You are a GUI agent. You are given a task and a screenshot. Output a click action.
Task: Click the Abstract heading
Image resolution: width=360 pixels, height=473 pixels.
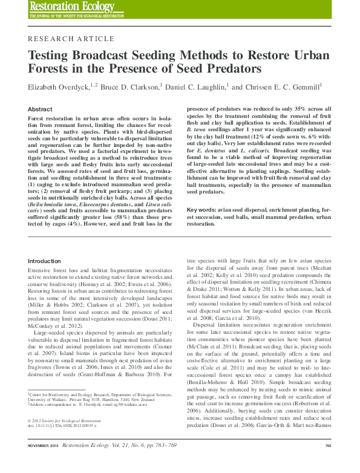40,109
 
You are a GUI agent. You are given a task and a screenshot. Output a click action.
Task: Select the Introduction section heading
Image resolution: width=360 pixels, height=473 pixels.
49,261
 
